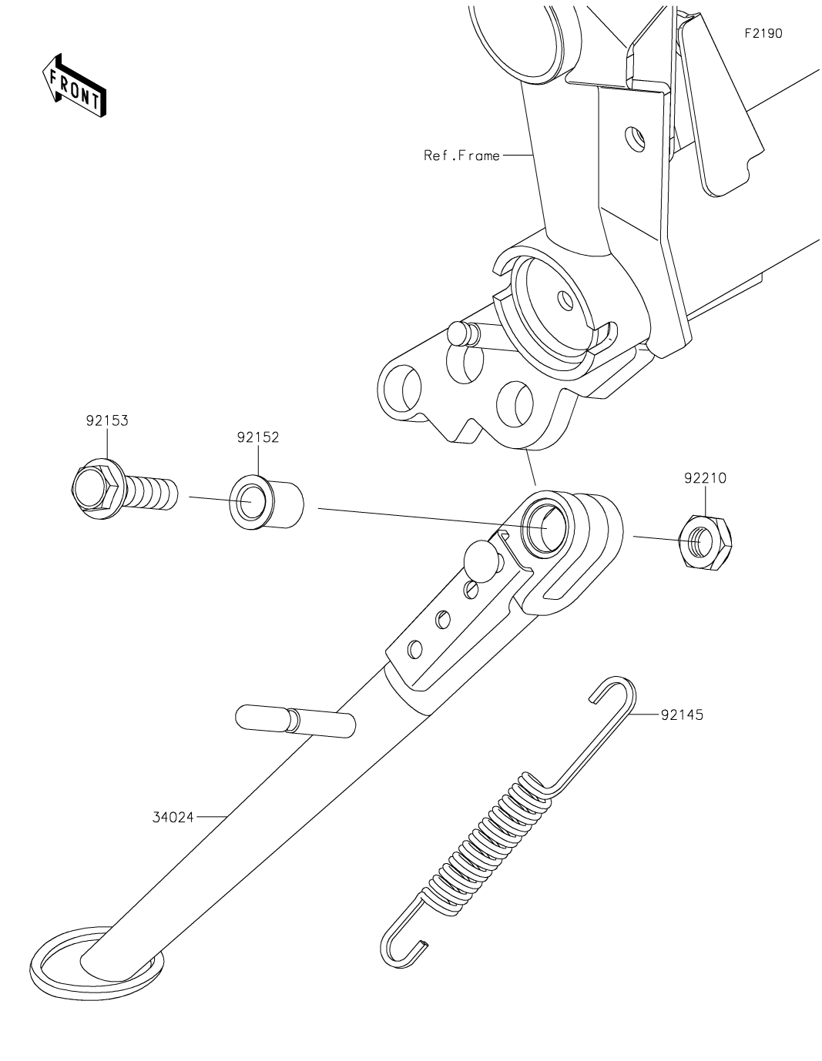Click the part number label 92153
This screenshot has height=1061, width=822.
106,421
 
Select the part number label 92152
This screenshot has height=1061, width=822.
257,437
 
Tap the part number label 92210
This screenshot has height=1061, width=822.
704,478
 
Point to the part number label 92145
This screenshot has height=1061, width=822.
681,715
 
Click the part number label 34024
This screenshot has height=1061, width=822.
173,815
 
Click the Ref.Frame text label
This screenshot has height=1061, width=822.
461,156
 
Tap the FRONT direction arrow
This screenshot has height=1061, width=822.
74,86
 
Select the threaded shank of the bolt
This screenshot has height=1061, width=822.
153,490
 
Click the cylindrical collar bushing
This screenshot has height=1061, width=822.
269,504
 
